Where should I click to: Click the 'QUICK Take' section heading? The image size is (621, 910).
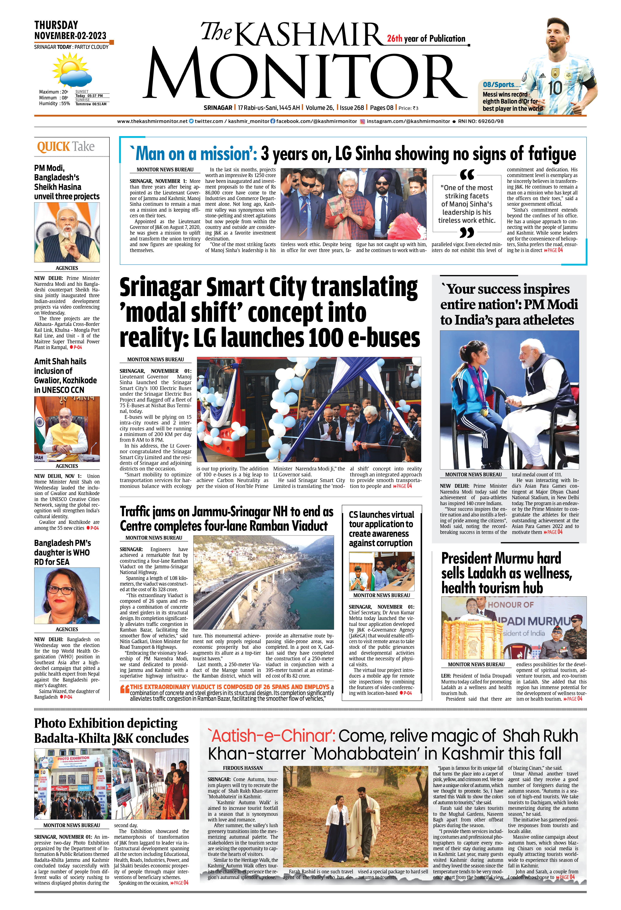pos(66,147)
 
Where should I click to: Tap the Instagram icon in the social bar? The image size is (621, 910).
pos(362,121)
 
